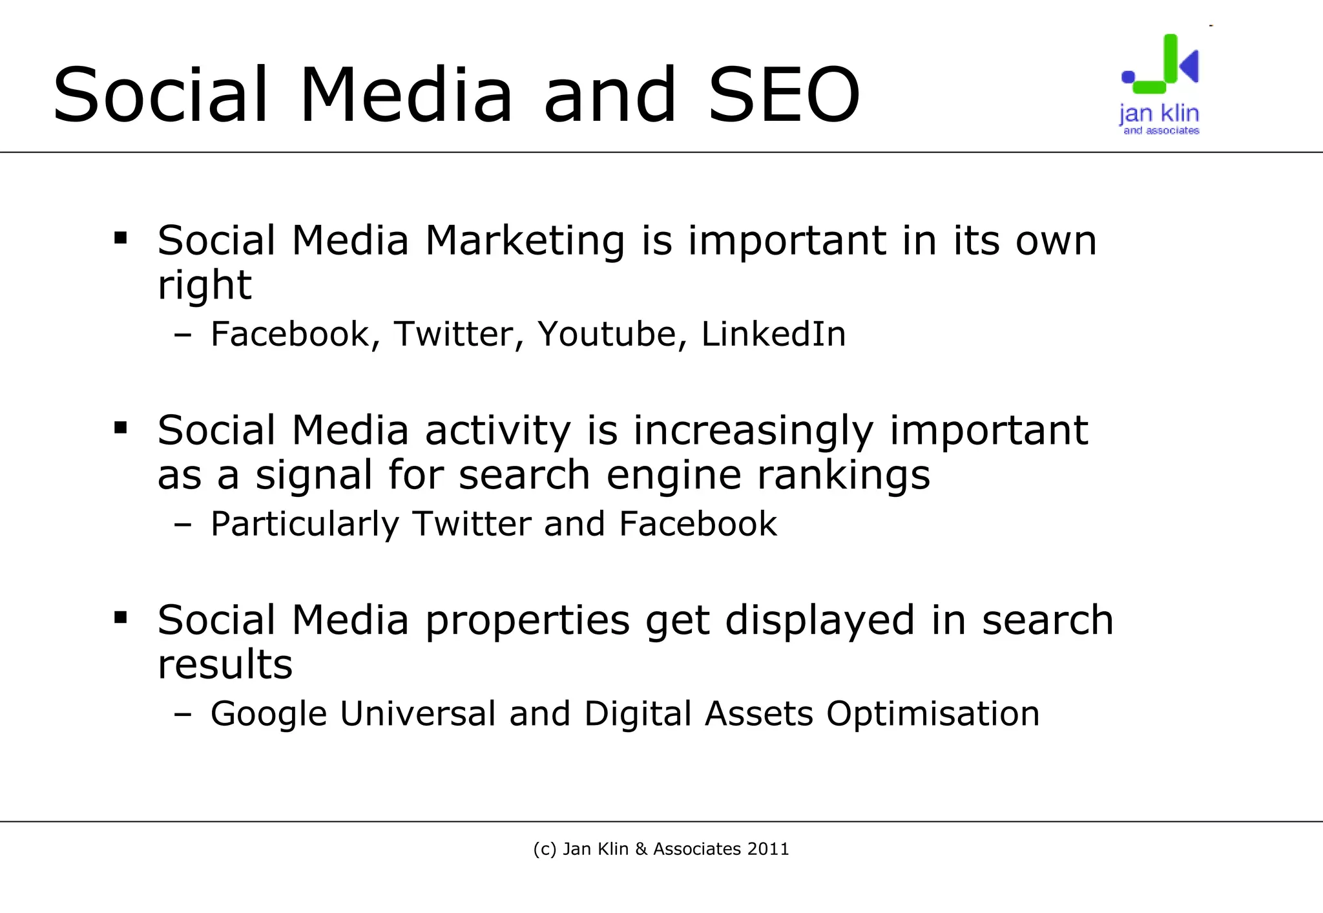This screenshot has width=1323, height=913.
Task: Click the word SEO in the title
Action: click(x=784, y=95)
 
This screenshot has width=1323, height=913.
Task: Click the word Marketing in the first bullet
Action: click(x=525, y=240)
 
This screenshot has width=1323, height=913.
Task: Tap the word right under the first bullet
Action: click(x=204, y=286)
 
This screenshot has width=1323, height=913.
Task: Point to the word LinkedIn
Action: click(x=773, y=334)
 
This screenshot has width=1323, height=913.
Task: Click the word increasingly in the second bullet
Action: click(x=753, y=431)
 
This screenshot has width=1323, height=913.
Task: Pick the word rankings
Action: click(x=844, y=476)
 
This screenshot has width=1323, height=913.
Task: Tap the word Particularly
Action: click(x=305, y=524)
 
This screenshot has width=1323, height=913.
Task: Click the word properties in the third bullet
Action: click(x=527, y=620)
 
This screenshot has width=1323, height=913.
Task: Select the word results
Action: click(x=225, y=664)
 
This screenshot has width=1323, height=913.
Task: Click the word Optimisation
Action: click(x=933, y=714)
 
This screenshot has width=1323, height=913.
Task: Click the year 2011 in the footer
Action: click(x=768, y=849)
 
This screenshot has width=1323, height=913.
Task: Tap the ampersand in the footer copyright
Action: click(x=641, y=849)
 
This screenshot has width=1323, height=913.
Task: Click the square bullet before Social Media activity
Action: click(x=121, y=428)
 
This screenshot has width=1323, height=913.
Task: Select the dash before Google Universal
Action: click(x=183, y=715)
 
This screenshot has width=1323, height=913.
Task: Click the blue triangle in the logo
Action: click(x=1191, y=65)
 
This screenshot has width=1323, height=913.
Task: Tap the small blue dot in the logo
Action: click(x=1128, y=77)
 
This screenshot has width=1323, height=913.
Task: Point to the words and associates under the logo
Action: click(x=1161, y=131)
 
